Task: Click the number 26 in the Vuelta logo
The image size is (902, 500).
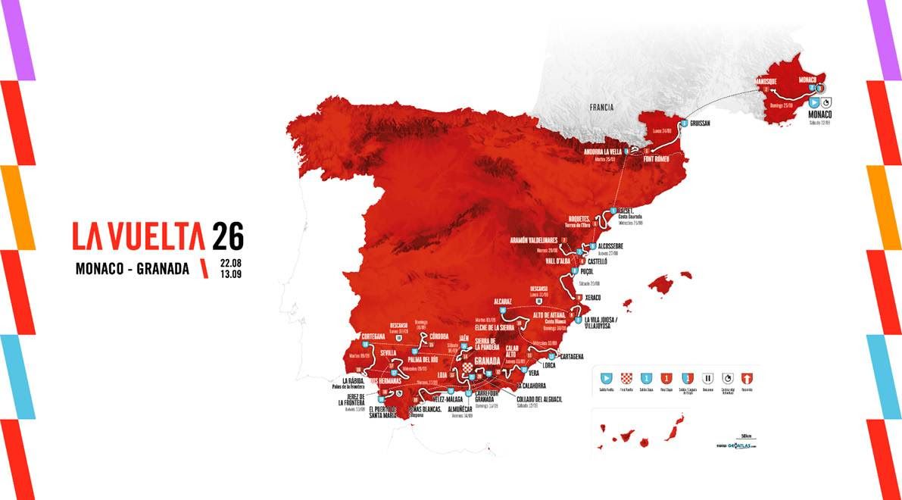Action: (x=227, y=236)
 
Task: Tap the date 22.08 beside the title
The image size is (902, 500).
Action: (x=230, y=262)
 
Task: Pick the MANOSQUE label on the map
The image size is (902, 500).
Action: (x=767, y=80)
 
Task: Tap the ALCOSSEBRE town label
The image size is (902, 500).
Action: (x=611, y=246)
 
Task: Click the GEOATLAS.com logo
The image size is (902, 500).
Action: (x=738, y=446)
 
